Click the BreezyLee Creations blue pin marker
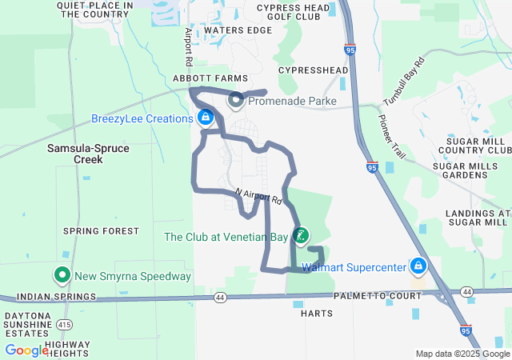206,118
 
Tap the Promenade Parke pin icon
236,102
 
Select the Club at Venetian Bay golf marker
301,236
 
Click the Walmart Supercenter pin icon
418,266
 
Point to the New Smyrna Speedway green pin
62,277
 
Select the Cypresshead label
313,70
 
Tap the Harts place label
317,314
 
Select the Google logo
27,350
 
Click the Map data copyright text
462,354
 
